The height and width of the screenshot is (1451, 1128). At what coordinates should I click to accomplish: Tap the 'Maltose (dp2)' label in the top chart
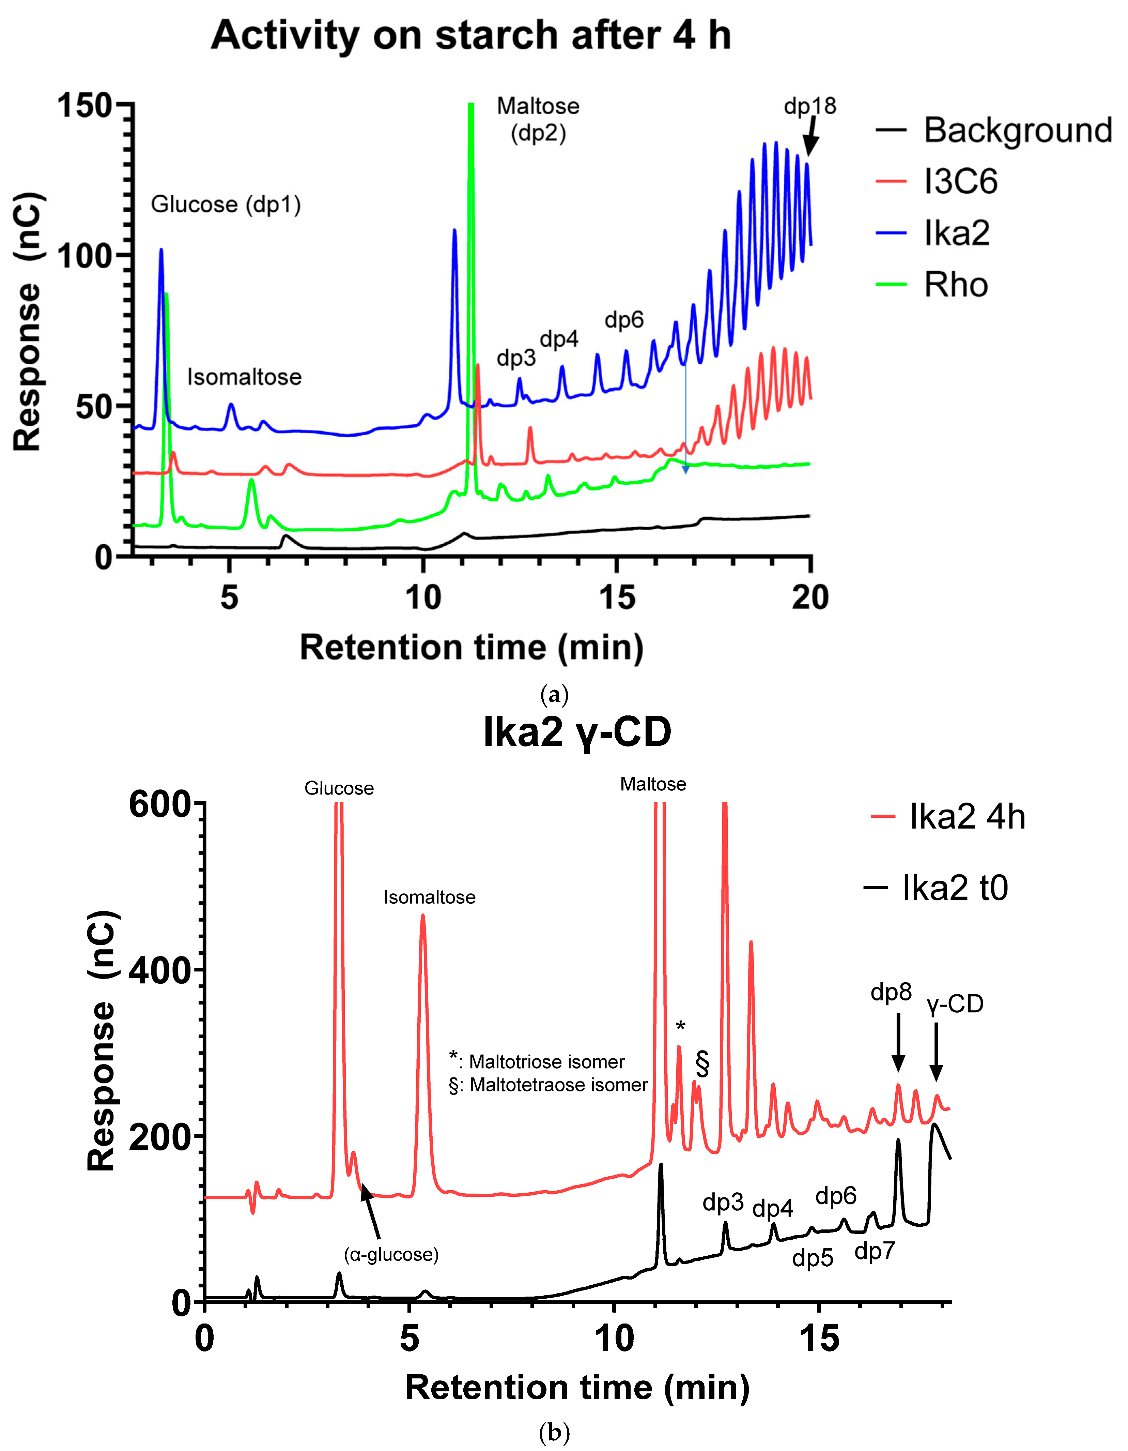pyautogui.click(x=538, y=120)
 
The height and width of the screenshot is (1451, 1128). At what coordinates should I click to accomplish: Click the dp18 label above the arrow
pyautogui.click(x=810, y=106)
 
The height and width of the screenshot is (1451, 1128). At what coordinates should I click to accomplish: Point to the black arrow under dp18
pyautogui.click(x=810, y=137)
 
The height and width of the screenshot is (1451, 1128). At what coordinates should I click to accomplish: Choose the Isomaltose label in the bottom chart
pyautogui.click(x=430, y=897)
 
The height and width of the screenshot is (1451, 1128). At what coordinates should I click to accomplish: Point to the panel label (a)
pyautogui.click(x=554, y=695)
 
